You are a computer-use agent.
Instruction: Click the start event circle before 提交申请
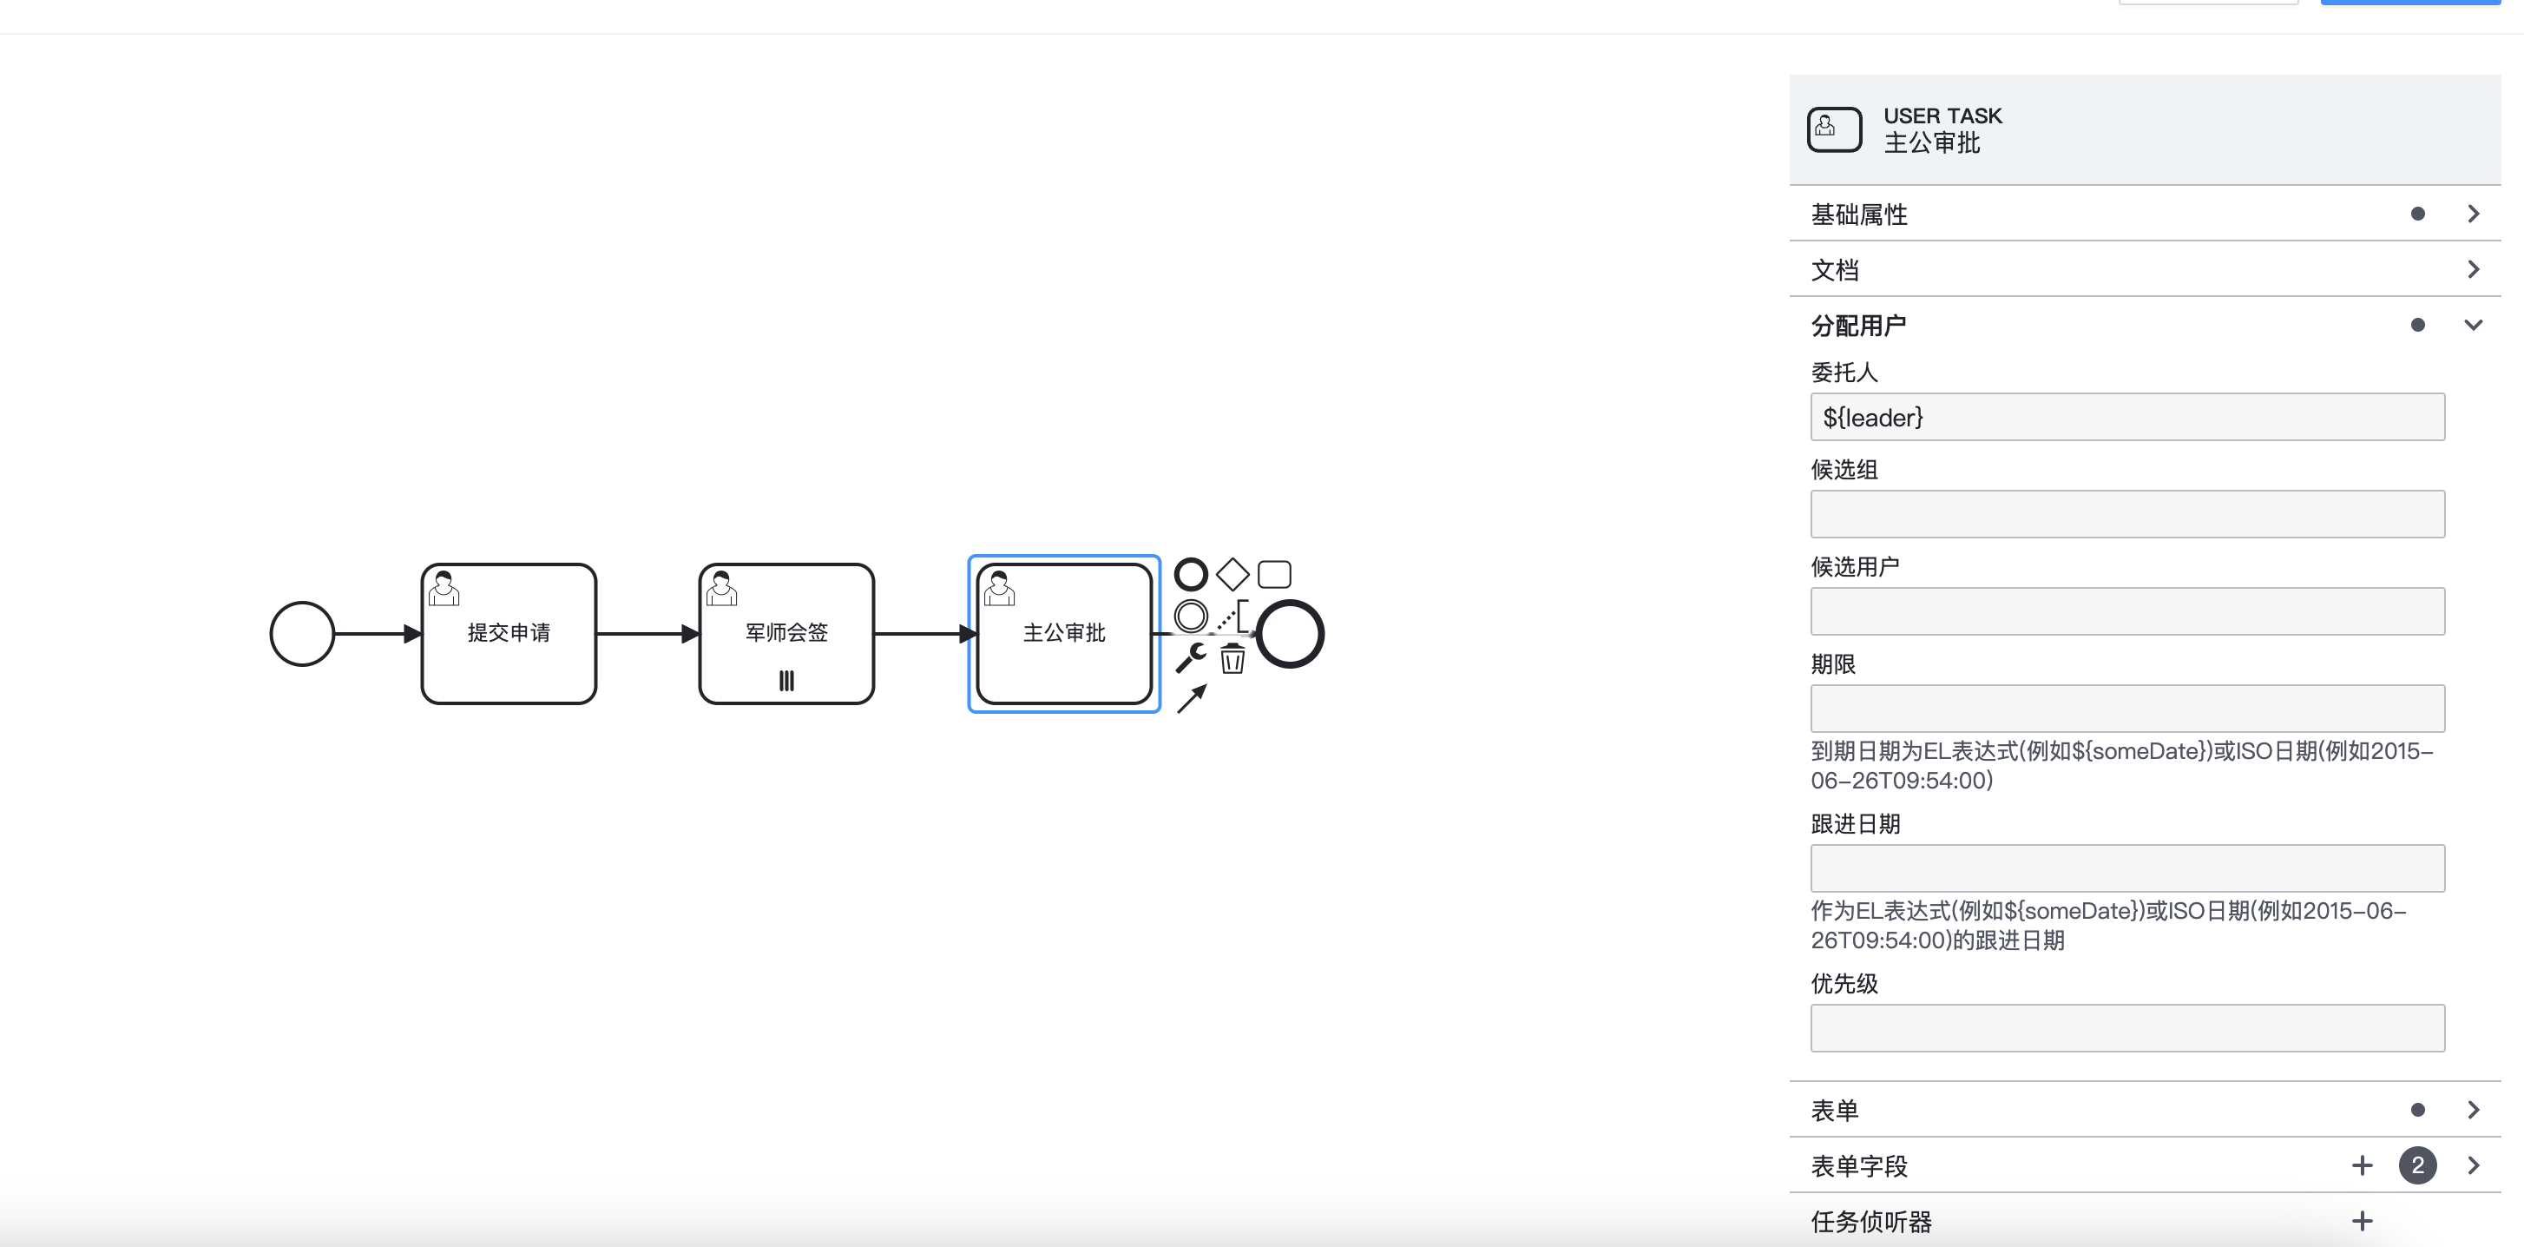[302, 633]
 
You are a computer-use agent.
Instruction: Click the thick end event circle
[1291, 633]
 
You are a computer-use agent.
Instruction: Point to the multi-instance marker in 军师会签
[785, 680]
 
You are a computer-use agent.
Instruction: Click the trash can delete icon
[1232, 659]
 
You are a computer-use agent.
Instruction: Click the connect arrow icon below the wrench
[1191, 699]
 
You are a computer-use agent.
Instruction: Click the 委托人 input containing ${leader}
[2126, 418]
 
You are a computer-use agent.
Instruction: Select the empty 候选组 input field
[2126, 514]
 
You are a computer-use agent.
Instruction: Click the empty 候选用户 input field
[2126, 610]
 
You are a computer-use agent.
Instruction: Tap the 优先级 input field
[2126, 1027]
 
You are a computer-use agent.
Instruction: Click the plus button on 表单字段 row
[2362, 1165]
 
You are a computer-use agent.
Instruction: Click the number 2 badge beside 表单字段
[2417, 1165]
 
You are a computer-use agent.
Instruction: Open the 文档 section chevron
[2473, 269]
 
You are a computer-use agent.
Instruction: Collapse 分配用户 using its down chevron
[2473, 326]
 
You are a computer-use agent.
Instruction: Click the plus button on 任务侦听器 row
[2362, 1221]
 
